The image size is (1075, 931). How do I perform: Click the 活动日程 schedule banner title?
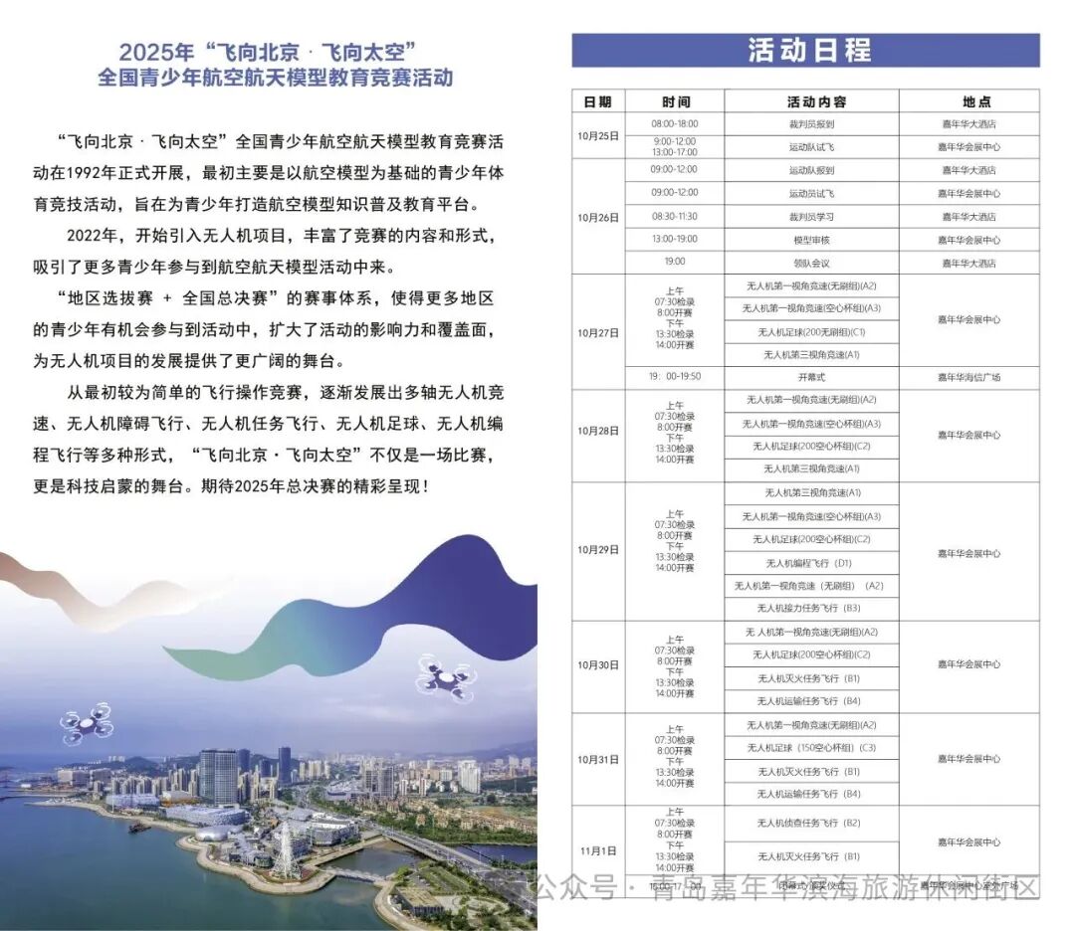tap(805, 51)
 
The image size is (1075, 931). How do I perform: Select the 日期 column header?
tap(598, 101)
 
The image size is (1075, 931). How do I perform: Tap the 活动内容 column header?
tap(811, 101)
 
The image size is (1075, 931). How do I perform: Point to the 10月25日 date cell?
tap(598, 135)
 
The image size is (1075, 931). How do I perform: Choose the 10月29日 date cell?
tap(598, 550)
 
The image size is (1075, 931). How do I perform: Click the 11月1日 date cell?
tap(598, 851)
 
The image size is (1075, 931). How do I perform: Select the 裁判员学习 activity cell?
tap(811, 217)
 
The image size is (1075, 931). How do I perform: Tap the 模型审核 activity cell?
tap(811, 240)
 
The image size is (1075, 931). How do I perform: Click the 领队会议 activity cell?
tap(811, 263)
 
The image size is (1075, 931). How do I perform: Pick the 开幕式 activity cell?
tap(811, 378)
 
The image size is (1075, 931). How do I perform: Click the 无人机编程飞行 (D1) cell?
tap(811, 563)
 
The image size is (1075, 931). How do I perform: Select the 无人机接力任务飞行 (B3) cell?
tap(811, 608)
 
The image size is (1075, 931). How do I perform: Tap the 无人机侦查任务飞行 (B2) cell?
tap(811, 824)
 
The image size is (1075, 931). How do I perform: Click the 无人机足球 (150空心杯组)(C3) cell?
tap(811, 748)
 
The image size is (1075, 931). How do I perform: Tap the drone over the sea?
tap(88, 723)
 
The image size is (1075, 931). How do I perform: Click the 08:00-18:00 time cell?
tap(675, 124)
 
